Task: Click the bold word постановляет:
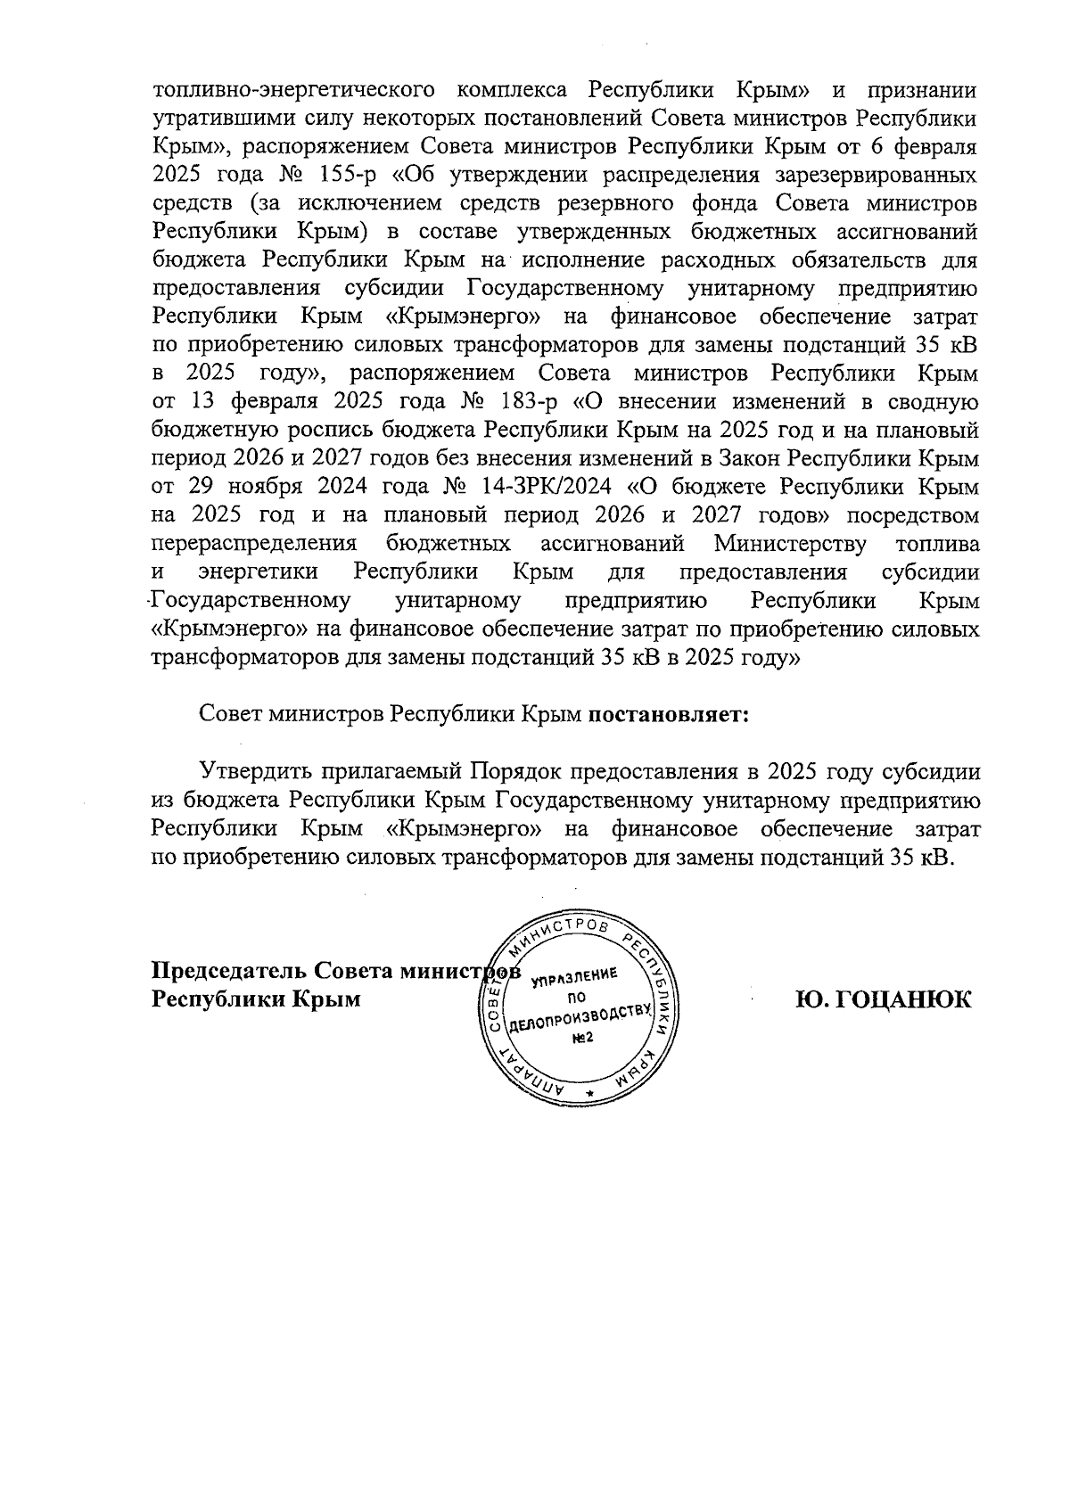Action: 668,715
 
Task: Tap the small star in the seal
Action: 588,1091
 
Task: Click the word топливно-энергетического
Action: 294,90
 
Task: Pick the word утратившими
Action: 210,119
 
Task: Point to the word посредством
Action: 913,516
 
